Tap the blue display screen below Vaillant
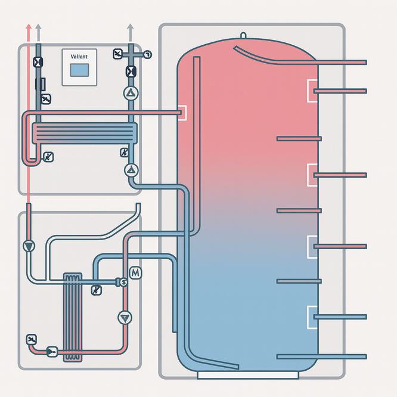[79, 70]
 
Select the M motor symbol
[135, 272]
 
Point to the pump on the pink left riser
[28, 246]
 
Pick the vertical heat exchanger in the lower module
[72, 317]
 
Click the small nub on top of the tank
[243, 35]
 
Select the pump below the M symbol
[124, 317]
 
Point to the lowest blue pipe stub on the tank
[322, 356]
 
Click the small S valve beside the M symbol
[123, 281]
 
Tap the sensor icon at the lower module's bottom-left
[31, 340]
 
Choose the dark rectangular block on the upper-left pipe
[41, 83]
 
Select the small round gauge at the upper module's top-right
[147, 54]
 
